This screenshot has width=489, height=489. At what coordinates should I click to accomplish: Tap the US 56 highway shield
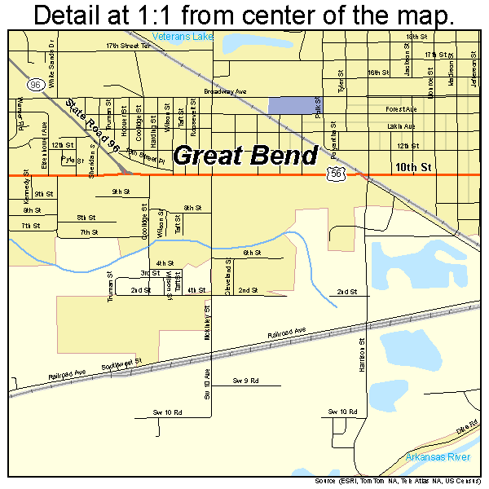click(334, 173)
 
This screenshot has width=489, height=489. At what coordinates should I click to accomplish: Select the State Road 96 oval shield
click(34, 85)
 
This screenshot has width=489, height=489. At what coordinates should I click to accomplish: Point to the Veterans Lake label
click(181, 37)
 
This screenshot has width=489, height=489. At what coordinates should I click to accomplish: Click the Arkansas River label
click(438, 457)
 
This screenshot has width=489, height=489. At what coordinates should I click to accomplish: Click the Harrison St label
click(361, 355)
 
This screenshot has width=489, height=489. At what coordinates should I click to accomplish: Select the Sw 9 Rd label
click(244, 381)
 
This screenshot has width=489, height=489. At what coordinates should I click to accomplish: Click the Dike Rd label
click(465, 426)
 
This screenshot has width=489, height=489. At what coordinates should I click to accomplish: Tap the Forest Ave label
click(402, 108)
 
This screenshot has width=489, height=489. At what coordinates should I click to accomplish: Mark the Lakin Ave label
click(401, 126)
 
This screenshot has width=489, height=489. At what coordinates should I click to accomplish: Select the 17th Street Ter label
click(129, 46)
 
